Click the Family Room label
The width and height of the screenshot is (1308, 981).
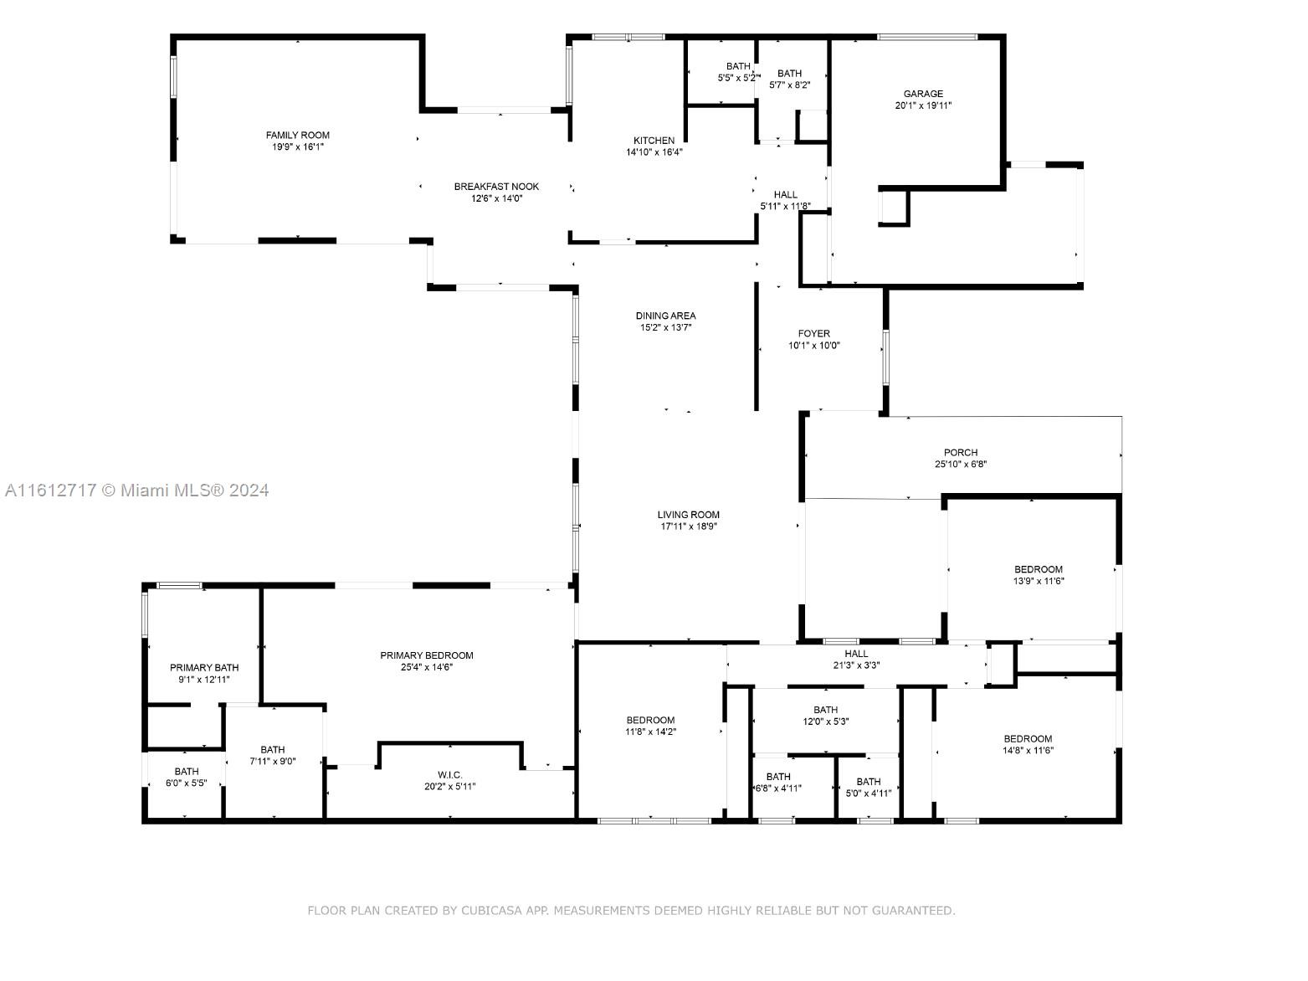point(297,136)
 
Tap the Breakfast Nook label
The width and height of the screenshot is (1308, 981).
point(496,187)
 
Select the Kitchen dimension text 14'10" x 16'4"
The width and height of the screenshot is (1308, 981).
point(654,152)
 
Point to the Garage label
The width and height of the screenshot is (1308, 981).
point(923,94)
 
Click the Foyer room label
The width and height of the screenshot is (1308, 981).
point(814,334)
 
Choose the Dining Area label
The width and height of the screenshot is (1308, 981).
point(665,316)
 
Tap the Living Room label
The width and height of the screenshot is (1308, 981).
point(688,514)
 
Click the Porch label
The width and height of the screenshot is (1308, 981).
point(961,452)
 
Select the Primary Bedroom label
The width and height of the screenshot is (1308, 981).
point(427,655)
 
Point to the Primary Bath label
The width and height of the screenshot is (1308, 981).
point(204,667)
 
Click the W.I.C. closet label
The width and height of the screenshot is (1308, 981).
point(450,775)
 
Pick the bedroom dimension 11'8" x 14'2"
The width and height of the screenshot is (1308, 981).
point(650,732)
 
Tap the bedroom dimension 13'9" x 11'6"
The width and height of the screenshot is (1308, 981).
point(1039,581)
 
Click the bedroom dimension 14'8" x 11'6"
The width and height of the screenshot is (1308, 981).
point(1028,750)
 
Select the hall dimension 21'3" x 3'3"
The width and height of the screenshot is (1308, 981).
point(856,665)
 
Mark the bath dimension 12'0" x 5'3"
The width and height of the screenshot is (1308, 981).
point(825,722)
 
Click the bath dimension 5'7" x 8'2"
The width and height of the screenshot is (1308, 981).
point(789,85)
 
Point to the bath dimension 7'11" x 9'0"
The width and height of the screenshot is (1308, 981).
point(272,761)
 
